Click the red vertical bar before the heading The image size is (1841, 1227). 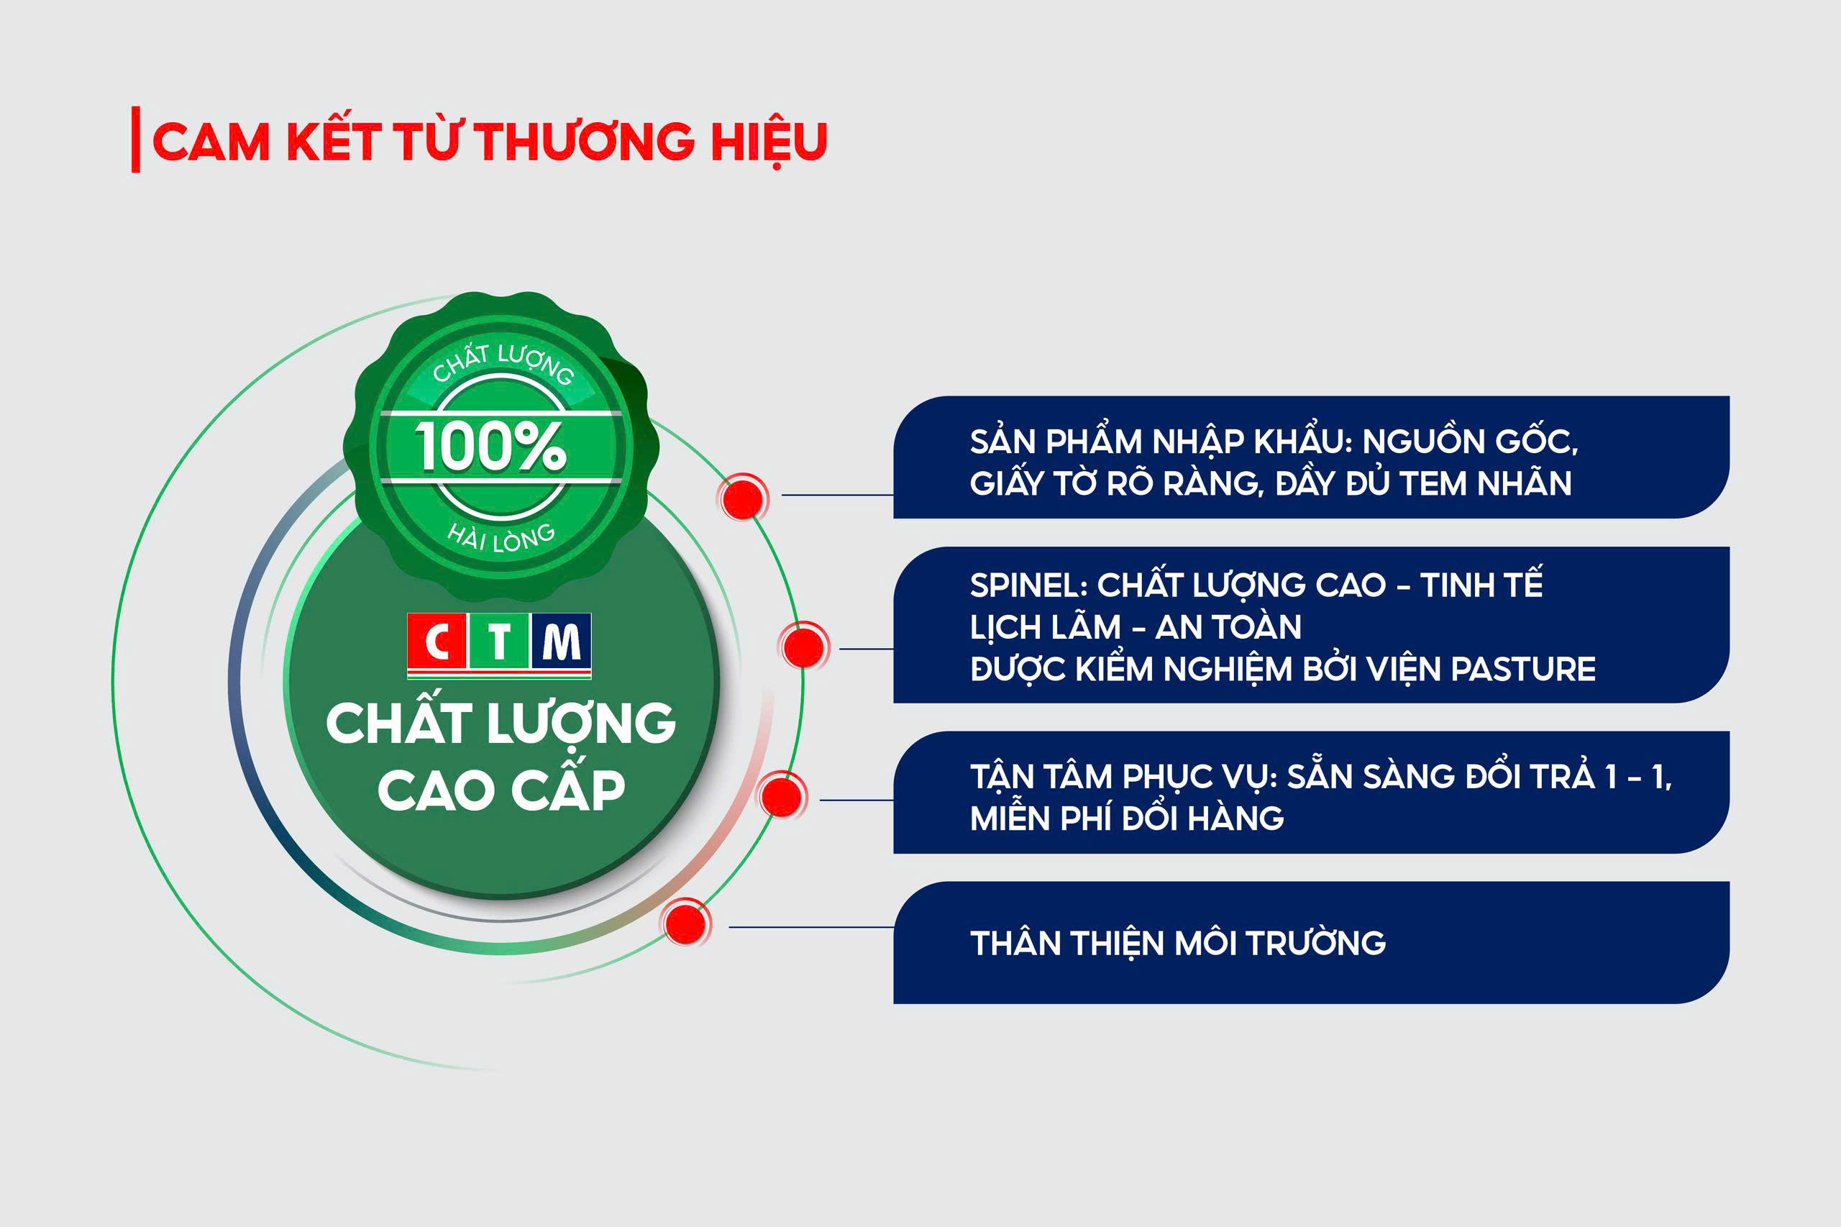[x=136, y=140]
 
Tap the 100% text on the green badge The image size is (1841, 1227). [x=490, y=447]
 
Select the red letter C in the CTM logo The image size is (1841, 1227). [x=437, y=642]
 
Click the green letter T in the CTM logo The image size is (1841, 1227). [x=499, y=642]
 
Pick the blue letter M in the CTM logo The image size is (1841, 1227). [x=562, y=642]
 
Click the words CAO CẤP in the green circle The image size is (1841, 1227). [x=501, y=790]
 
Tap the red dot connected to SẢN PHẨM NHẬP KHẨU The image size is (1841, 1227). [x=742, y=497]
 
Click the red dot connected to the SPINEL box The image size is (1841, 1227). [x=803, y=647]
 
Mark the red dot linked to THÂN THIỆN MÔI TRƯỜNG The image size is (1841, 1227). [x=686, y=924]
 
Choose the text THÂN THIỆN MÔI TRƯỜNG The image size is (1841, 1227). [x=1177, y=943]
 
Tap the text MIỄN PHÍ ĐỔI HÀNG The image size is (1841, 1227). [x=1127, y=818]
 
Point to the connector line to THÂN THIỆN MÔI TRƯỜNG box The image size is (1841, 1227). [x=811, y=927]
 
